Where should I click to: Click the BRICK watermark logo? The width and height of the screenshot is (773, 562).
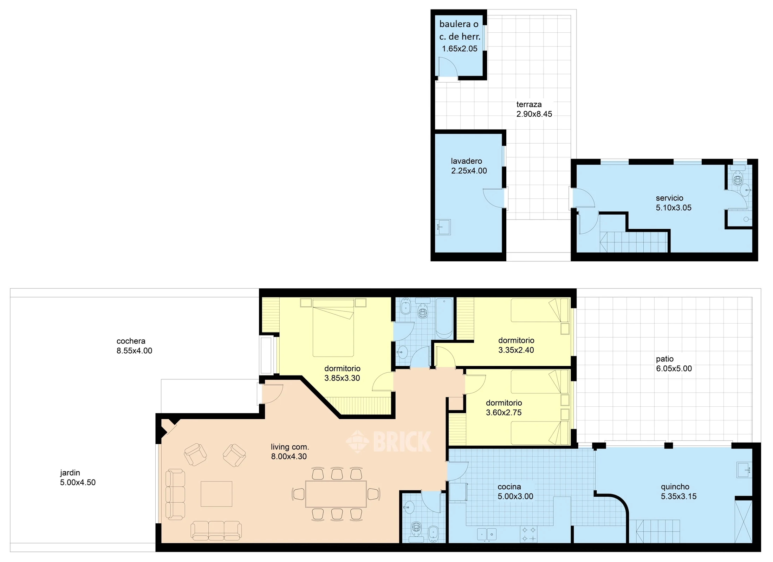[389, 442]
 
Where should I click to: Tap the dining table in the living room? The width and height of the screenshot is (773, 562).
[336, 494]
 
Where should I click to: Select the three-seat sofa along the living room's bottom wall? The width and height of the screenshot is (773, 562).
[216, 530]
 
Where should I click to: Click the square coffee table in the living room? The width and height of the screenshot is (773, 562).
[216, 494]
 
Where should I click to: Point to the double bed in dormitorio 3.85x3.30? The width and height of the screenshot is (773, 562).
[333, 327]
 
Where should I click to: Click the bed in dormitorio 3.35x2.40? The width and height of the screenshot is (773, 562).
[540, 310]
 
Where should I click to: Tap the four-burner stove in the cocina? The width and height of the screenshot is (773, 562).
[529, 534]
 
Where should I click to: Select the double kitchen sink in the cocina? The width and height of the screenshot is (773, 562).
[487, 534]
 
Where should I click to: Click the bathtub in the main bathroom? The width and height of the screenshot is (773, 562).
[444, 318]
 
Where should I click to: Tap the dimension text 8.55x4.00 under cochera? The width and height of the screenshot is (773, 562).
[134, 351]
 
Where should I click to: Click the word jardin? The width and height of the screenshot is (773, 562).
[70, 473]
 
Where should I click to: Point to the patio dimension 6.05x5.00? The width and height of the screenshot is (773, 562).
[674, 368]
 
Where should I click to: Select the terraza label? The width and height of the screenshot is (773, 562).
[529, 104]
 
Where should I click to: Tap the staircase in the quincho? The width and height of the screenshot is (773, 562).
[657, 531]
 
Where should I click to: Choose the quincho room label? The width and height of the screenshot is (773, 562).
[675, 487]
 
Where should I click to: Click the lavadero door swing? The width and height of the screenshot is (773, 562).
[495, 198]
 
